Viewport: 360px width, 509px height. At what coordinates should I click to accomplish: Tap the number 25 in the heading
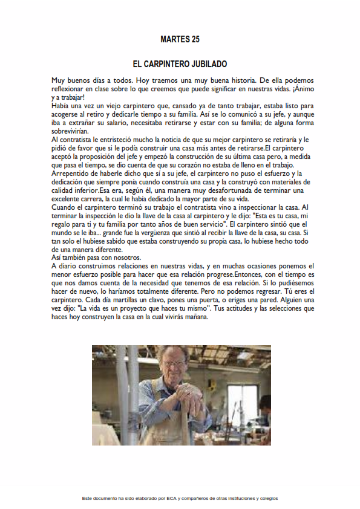[x=195, y=39]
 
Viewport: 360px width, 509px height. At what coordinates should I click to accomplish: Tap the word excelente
[x=69, y=199]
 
